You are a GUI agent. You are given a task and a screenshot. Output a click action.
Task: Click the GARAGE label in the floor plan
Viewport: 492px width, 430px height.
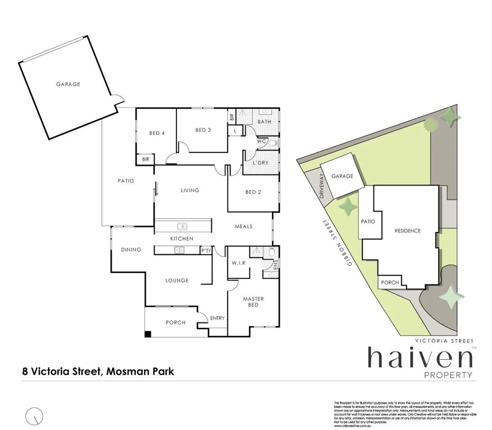pos(68,84)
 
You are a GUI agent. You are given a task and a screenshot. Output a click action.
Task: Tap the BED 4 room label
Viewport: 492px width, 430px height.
pos(157,133)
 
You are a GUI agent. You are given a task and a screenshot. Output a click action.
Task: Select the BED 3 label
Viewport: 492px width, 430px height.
pos(203,130)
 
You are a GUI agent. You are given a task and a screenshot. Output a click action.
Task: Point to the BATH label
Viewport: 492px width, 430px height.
pos(264,122)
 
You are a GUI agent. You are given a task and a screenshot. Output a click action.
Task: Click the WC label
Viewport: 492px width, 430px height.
pos(262,141)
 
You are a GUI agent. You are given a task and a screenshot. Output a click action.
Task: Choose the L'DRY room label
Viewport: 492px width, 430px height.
pos(260,163)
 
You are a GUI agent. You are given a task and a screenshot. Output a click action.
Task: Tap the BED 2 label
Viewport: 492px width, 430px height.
pos(253,192)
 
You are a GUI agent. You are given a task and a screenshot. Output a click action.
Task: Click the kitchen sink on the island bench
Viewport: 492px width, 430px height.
pos(182,227)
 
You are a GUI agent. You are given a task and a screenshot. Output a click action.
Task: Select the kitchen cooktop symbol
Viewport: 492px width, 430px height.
pos(179,250)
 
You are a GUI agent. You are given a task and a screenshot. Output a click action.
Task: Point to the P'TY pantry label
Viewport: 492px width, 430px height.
pos(206,250)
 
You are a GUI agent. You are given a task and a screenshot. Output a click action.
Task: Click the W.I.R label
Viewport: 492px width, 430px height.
pos(238,263)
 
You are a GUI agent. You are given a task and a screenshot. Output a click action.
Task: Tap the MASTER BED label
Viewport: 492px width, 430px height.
pos(253,302)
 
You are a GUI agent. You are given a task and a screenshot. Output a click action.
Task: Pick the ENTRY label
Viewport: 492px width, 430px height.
pos(217,318)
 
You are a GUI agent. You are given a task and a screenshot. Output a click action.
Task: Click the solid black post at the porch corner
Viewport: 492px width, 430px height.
pos(148,334)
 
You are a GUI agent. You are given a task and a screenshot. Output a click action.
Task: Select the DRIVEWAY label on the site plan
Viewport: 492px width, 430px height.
pos(322,186)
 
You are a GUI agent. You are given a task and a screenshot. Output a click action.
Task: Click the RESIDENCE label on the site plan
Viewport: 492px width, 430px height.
pos(407,231)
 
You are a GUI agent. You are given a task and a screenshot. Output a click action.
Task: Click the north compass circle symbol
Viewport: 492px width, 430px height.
pos(34,416)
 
